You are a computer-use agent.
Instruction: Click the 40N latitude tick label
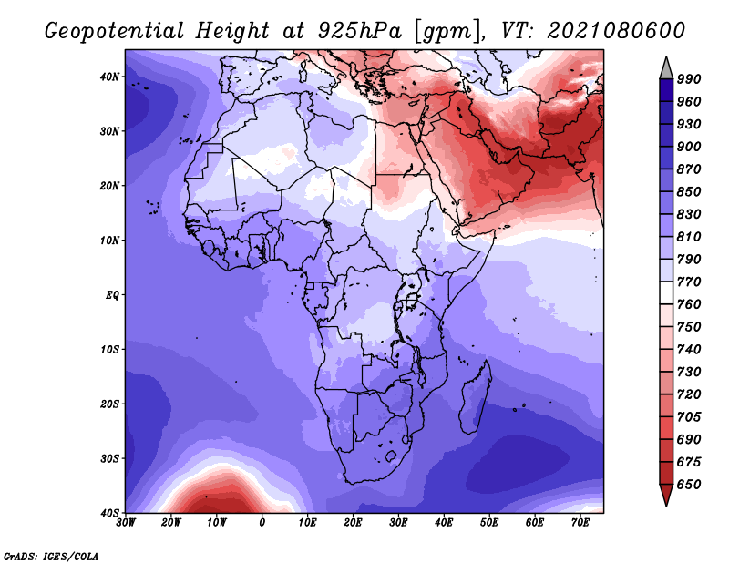click(x=109, y=77)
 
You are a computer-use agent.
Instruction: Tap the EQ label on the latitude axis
click(x=112, y=295)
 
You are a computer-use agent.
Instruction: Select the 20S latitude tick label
click(x=109, y=404)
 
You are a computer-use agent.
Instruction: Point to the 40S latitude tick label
click(x=109, y=513)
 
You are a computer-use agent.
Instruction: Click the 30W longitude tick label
click(x=126, y=523)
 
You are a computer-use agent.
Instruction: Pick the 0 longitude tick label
click(x=262, y=523)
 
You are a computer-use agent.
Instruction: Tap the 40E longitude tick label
click(x=444, y=523)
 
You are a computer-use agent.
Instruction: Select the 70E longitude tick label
click(x=580, y=523)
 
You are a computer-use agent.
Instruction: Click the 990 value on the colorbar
click(x=689, y=79)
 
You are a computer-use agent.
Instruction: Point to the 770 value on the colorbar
click(x=689, y=282)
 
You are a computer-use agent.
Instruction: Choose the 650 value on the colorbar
click(x=689, y=485)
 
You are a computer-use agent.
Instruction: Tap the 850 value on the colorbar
click(x=689, y=192)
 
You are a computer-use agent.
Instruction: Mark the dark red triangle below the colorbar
click(x=666, y=493)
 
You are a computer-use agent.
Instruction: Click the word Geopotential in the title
click(x=115, y=31)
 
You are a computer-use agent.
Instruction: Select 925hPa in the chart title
click(x=360, y=31)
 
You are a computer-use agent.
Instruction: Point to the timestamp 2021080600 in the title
click(x=616, y=31)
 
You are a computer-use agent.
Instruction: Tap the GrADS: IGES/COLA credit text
click(x=51, y=556)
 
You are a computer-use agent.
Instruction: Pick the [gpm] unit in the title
click(x=447, y=32)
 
